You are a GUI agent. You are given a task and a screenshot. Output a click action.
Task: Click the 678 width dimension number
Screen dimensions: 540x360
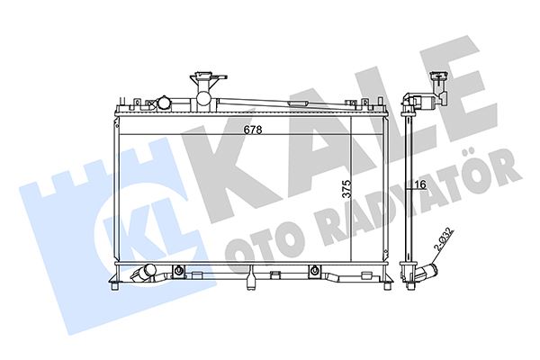tap(253, 130)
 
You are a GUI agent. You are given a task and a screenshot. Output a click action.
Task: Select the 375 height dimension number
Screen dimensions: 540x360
tap(346, 189)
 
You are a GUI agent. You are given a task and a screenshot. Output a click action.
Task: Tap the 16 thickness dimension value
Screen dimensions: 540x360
tap(420, 184)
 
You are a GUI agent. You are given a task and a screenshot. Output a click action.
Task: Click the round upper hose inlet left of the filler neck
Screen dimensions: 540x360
tap(164, 103)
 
